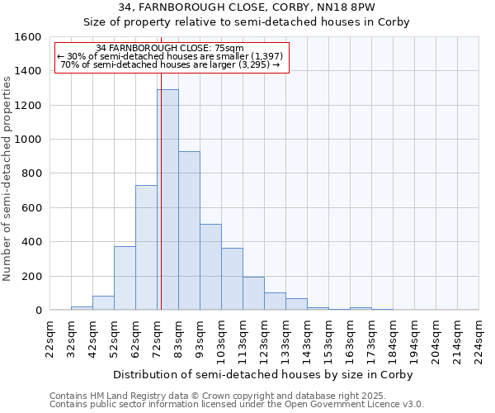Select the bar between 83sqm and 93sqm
point(189,231)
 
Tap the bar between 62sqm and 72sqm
point(146,248)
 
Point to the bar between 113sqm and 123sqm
point(253,293)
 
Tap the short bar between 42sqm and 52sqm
point(103,303)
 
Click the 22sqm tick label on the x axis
point(50,338)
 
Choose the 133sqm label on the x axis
point(286,338)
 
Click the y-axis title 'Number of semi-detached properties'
point(8,176)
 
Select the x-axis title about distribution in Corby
point(262,374)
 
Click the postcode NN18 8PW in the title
point(349,7)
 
